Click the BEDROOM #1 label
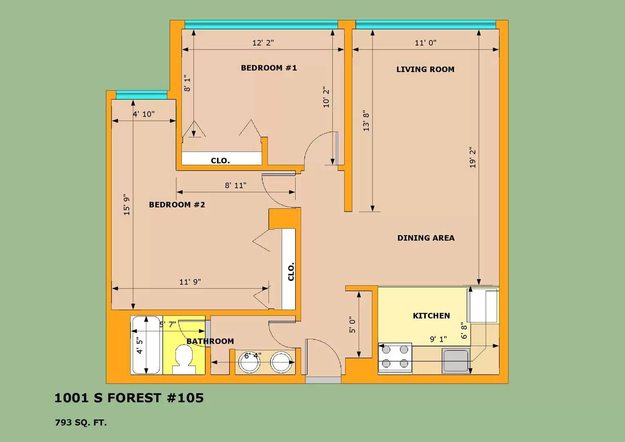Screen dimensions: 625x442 coord(269,68)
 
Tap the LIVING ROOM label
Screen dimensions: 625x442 coord(425,69)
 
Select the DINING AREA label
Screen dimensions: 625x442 coord(426,238)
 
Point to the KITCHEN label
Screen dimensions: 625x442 coord(432,316)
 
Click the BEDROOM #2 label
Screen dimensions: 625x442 coord(177,205)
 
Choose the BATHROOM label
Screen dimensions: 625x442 coord(210,341)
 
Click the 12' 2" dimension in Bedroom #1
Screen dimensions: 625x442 coord(263,43)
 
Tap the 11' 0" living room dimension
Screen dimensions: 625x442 coord(425,43)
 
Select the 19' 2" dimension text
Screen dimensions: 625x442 coord(472,157)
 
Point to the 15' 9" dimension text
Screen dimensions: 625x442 coord(127,205)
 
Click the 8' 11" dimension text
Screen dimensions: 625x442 coord(236,185)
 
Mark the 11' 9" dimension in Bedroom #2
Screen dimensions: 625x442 coord(190,282)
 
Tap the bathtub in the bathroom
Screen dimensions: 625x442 coord(146,345)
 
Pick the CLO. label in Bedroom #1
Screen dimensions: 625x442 coord(220,161)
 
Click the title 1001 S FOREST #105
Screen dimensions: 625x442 coord(129,398)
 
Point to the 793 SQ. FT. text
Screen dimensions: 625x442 coord(81,423)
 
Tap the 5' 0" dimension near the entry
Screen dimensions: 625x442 coord(353,325)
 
